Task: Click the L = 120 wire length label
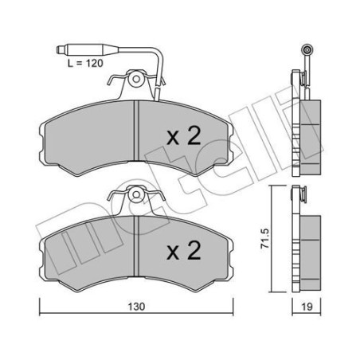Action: tap(85, 64)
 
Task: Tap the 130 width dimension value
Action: tap(136, 307)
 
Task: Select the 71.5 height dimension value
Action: tap(264, 238)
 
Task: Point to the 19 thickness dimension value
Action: tap(307, 307)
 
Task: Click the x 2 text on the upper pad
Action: tap(183, 136)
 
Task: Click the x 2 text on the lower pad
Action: tap(183, 250)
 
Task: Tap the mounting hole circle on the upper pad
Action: tap(136, 79)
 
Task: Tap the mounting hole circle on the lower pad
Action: tap(136, 194)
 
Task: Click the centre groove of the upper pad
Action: tap(136, 131)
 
